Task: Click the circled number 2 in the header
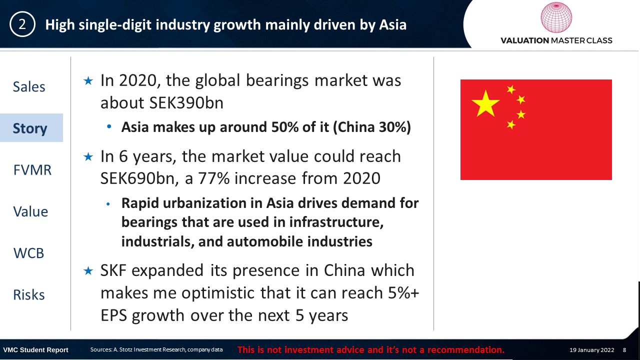(x=22, y=24)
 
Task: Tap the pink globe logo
(x=556, y=17)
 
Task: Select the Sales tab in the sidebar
(x=29, y=86)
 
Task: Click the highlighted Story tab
(x=30, y=128)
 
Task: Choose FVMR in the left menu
(x=32, y=170)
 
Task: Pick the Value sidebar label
(x=30, y=211)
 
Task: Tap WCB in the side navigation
(x=28, y=253)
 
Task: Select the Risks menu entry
(x=29, y=295)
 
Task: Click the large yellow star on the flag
(x=485, y=103)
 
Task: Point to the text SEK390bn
(x=186, y=103)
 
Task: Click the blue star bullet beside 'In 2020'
(x=88, y=81)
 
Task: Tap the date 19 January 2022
(x=591, y=350)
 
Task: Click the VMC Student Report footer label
(x=35, y=350)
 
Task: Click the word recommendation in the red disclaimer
(x=466, y=349)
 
